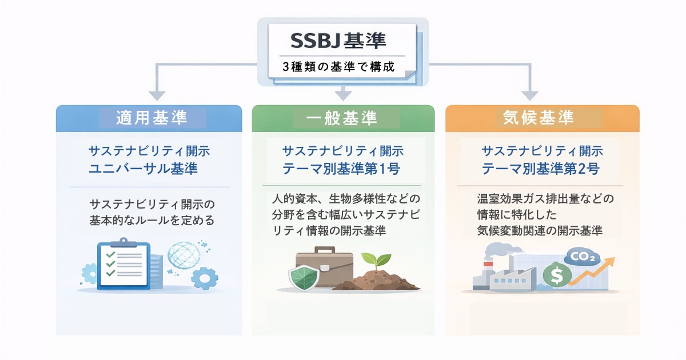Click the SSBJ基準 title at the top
(338, 41)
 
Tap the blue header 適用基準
(151, 118)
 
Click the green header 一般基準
(342, 118)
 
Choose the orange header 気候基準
(538, 118)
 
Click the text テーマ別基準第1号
(341, 169)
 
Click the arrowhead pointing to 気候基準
(530, 95)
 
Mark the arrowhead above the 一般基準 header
(342, 93)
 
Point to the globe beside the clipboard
(185, 255)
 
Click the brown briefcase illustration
(325, 266)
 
